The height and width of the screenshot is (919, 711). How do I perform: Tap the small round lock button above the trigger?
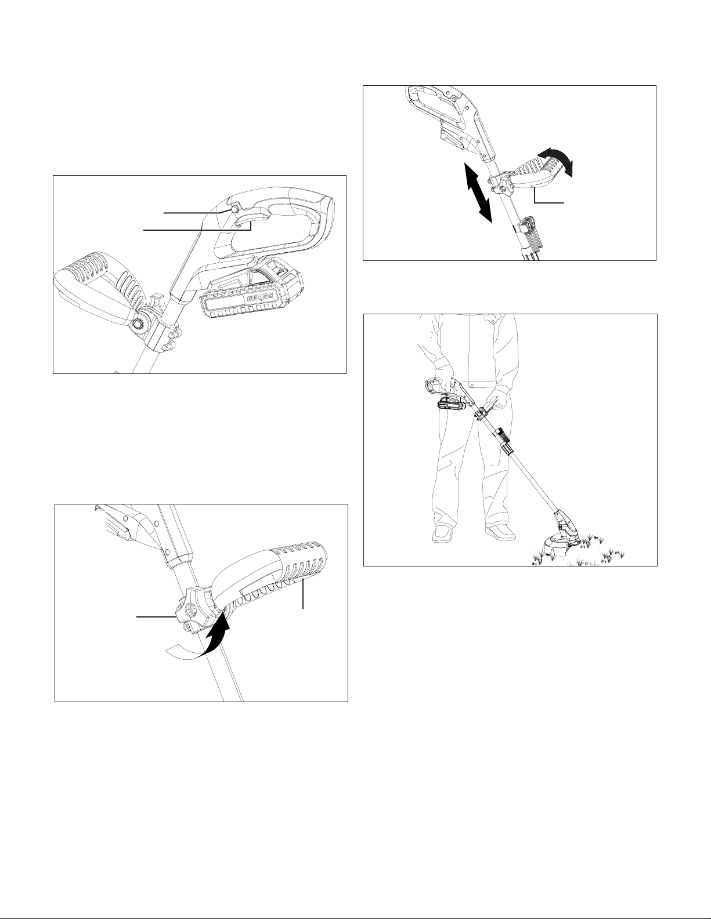click(x=233, y=210)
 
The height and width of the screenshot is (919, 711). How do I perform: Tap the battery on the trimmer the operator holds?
click(x=452, y=403)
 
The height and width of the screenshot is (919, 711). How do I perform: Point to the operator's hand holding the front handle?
click(x=495, y=400)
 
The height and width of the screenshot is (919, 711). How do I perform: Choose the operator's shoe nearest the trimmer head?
click(x=500, y=532)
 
